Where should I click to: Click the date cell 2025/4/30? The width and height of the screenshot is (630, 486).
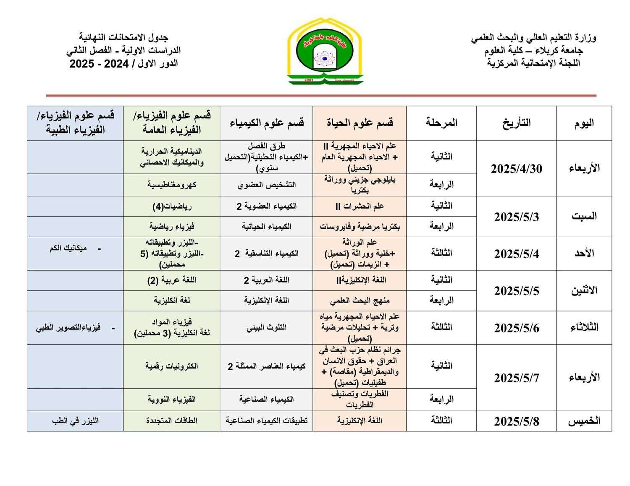click(x=516, y=169)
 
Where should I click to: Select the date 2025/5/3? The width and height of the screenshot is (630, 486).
click(x=516, y=217)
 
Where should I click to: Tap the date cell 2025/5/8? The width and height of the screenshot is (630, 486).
click(x=516, y=421)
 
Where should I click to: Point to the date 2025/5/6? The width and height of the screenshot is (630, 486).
click(x=516, y=328)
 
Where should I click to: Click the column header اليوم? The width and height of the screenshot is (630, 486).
click(x=584, y=123)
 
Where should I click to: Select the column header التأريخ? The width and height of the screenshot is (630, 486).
click(x=516, y=123)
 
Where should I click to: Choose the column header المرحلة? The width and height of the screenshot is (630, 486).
click(x=441, y=123)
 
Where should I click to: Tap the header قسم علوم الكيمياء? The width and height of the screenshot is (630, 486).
click(x=267, y=123)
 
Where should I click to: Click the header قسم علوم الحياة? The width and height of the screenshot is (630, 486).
click(x=360, y=123)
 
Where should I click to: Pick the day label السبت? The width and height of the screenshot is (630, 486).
click(x=584, y=217)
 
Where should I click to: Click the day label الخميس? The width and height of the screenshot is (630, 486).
click(x=584, y=421)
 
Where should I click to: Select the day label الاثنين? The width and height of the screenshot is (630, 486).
click(x=584, y=290)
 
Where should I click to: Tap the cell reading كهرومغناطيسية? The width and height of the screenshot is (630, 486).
click(x=172, y=185)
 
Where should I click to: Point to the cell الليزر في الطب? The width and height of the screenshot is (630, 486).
click(x=75, y=421)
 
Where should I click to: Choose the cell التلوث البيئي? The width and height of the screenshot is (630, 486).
click(x=267, y=328)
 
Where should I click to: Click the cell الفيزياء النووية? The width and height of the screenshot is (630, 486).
click(x=172, y=400)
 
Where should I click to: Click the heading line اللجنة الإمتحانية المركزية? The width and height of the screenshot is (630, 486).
click(x=533, y=63)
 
